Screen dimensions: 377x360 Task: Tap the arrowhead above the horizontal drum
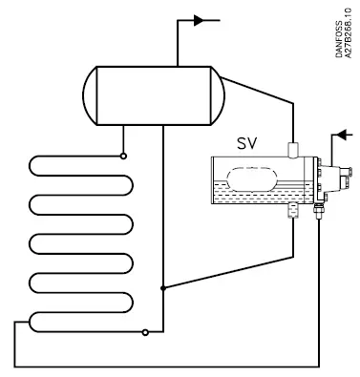[x=200, y=18]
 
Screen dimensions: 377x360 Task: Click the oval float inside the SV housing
[x=250, y=178]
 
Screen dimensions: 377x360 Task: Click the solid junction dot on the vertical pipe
[x=164, y=287]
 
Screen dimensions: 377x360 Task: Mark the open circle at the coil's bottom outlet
[x=143, y=333]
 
